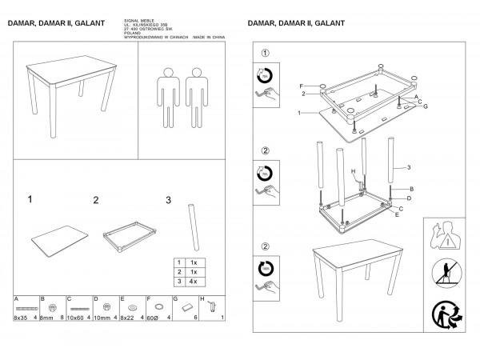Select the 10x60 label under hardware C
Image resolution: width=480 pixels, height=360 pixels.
click(78, 318)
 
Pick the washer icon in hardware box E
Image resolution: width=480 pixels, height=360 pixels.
click(133, 306)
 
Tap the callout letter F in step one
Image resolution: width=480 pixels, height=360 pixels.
click(302, 85)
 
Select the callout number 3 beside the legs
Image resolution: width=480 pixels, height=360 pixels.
click(409, 167)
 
